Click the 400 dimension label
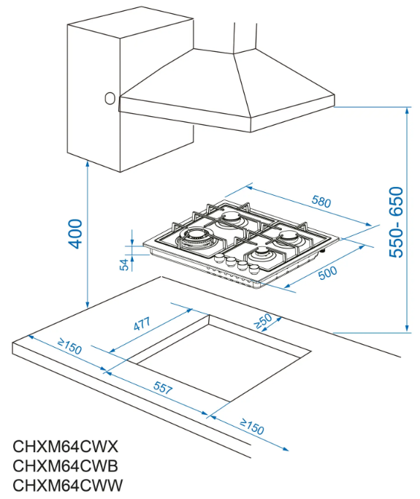tap(75, 234)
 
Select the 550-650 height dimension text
tap(396, 222)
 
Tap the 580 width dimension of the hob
tap(321, 202)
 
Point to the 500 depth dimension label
tap(327, 273)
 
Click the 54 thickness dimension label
tap(124, 264)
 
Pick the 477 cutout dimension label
tap(142, 324)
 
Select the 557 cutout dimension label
tap(163, 387)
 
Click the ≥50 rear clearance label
tap(263, 321)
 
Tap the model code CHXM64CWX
tap(65, 446)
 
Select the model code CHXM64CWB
tap(65, 466)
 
